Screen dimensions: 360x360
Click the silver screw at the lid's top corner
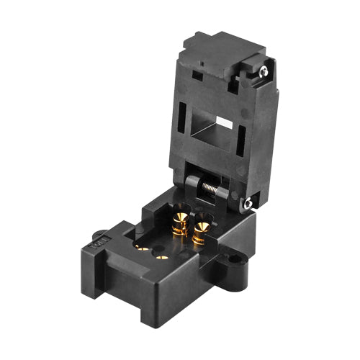264,71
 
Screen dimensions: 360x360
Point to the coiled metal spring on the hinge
210,188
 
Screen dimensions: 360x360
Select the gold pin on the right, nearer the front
200,230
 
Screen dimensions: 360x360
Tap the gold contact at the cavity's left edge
142,247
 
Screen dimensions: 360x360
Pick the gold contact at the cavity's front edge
163,256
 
